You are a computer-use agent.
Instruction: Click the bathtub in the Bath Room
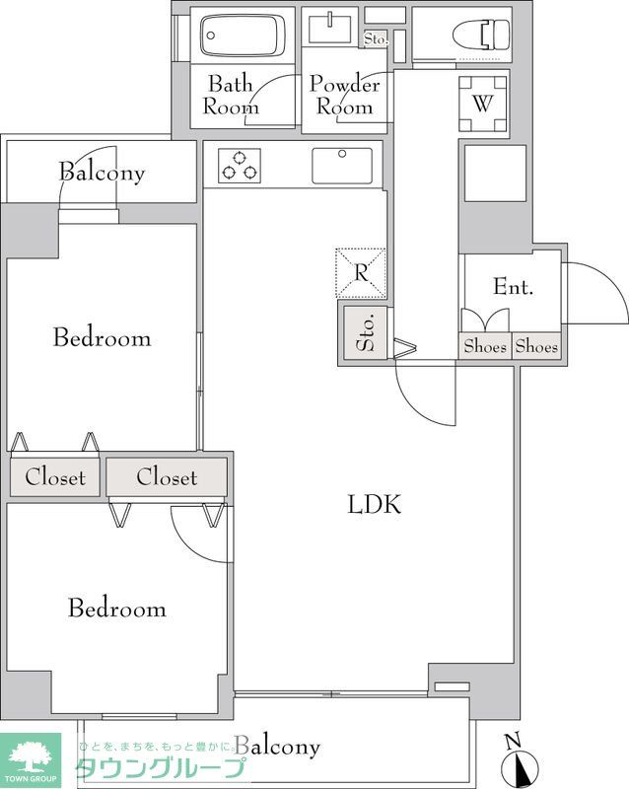[x=240, y=36]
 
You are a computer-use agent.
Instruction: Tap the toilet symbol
[x=480, y=36]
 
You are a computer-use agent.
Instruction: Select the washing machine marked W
[x=482, y=104]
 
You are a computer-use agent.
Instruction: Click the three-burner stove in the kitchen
[x=240, y=166]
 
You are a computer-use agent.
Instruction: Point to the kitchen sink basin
[x=342, y=166]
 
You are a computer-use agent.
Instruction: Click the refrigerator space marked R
[x=361, y=273]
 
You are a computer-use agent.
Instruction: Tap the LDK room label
[x=375, y=504]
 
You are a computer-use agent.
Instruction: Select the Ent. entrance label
[x=513, y=286]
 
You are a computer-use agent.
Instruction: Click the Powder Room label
[x=345, y=95]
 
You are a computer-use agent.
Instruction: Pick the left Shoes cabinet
[x=485, y=346]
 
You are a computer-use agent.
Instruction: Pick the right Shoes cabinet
[x=536, y=346]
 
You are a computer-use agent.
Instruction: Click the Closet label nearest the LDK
[x=167, y=476]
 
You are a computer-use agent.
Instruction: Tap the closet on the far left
[x=55, y=477]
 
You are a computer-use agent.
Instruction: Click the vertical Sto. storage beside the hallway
[x=366, y=332]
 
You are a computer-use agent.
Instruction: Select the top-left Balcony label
[x=102, y=173]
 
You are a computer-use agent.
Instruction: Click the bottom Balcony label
[x=277, y=747]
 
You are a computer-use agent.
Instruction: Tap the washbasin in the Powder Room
[x=329, y=30]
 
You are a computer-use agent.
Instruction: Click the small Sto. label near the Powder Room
[x=376, y=38]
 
